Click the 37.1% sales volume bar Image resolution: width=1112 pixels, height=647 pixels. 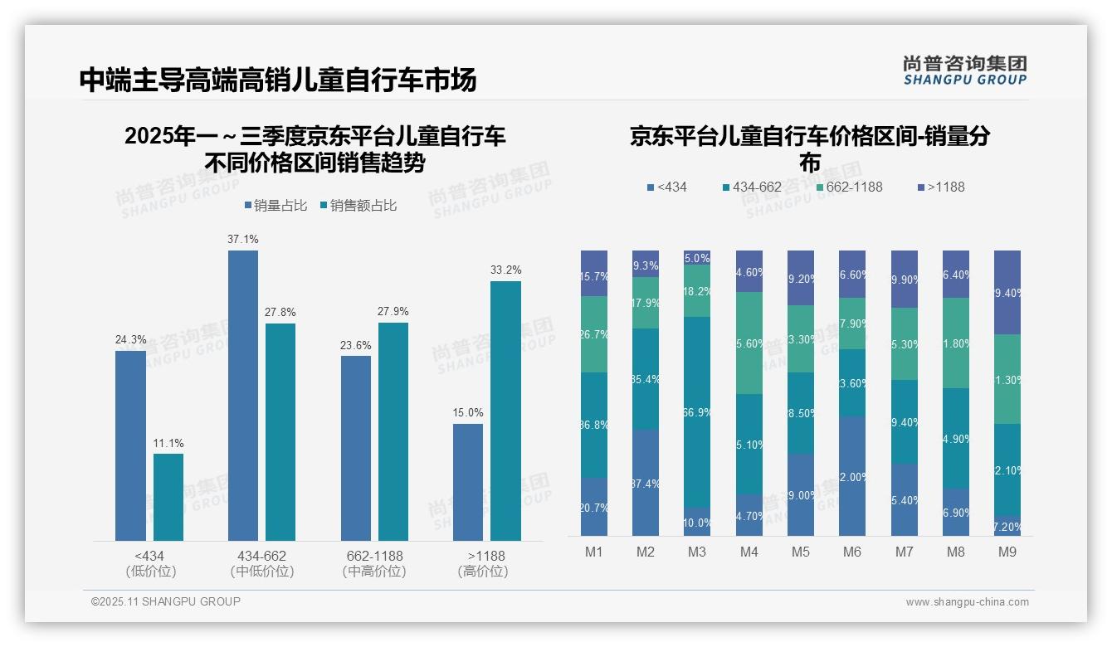[x=242, y=396]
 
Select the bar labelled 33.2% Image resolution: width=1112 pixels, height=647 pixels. [x=505, y=411]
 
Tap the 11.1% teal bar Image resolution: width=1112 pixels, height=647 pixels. [x=168, y=497]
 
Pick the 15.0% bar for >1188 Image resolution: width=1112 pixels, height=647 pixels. [x=467, y=482]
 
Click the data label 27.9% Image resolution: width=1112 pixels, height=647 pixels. [x=393, y=311]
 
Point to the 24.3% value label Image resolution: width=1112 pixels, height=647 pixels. [x=130, y=339]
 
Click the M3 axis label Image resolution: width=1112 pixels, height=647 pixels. [x=696, y=552]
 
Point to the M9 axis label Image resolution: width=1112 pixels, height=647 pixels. [x=1007, y=552]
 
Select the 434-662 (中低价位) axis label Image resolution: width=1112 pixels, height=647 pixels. [x=261, y=563]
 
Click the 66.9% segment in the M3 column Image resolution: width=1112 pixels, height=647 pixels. [x=696, y=411]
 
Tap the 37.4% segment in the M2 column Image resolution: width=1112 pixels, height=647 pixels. [x=645, y=482]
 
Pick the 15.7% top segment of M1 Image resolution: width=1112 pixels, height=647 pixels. [x=593, y=273]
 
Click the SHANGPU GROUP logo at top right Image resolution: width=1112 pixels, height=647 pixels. [x=964, y=71]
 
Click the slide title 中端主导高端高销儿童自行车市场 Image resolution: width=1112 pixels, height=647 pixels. [x=278, y=80]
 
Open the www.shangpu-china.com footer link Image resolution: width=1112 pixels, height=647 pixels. [x=967, y=602]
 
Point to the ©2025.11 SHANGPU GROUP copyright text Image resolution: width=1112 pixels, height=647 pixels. [x=166, y=601]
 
